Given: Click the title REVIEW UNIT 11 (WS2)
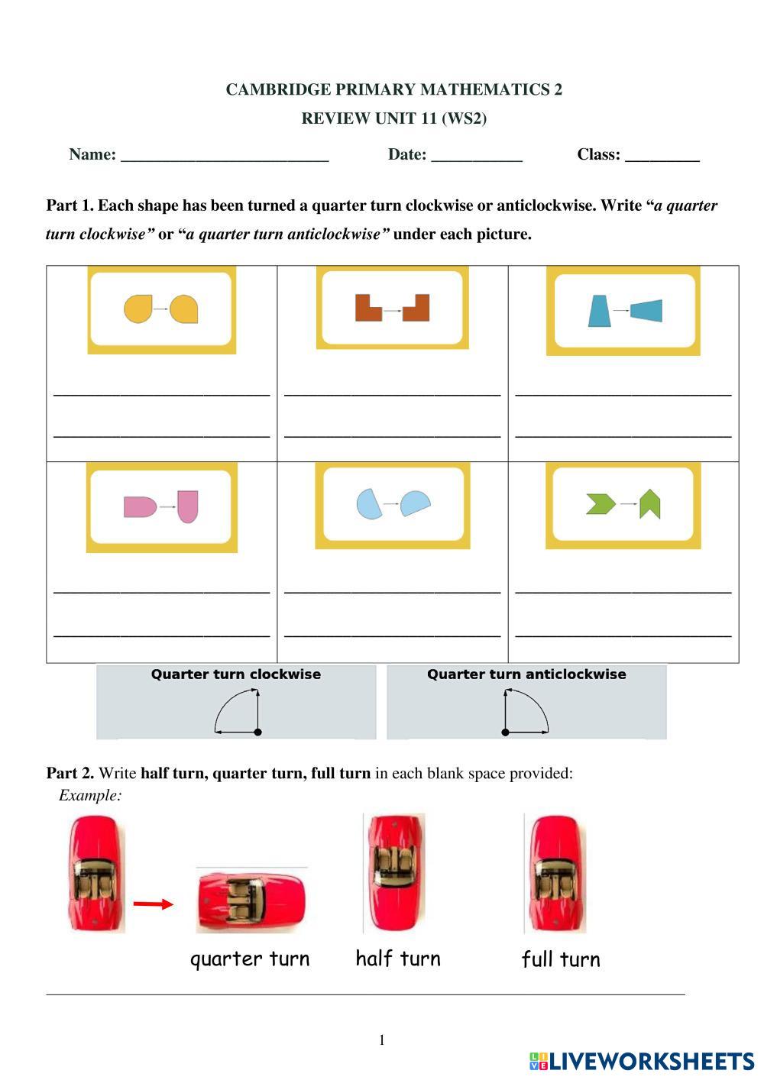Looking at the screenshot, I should coord(393,118).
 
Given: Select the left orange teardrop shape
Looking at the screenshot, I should coord(138,309).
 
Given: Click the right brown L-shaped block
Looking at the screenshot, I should coord(416,307).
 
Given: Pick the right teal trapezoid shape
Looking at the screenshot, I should coord(646,311).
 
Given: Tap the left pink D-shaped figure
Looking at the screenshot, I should coord(140,507).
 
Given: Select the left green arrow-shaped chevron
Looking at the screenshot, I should coord(601,504).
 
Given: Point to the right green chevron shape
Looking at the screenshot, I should coord(649,504).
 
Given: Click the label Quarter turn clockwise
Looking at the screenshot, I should coord(235,674).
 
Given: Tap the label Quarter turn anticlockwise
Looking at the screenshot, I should coord(526,674).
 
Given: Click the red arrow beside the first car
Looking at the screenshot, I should coord(153,904).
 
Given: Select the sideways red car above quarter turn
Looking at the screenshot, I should coord(251,900).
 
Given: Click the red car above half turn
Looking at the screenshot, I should coord(394,872).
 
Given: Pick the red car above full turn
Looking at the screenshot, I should coord(555,874).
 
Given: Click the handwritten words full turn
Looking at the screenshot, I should coord(561,960).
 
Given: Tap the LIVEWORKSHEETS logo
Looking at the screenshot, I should coord(642,1061).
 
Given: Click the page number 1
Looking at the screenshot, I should coord(382,1040).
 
